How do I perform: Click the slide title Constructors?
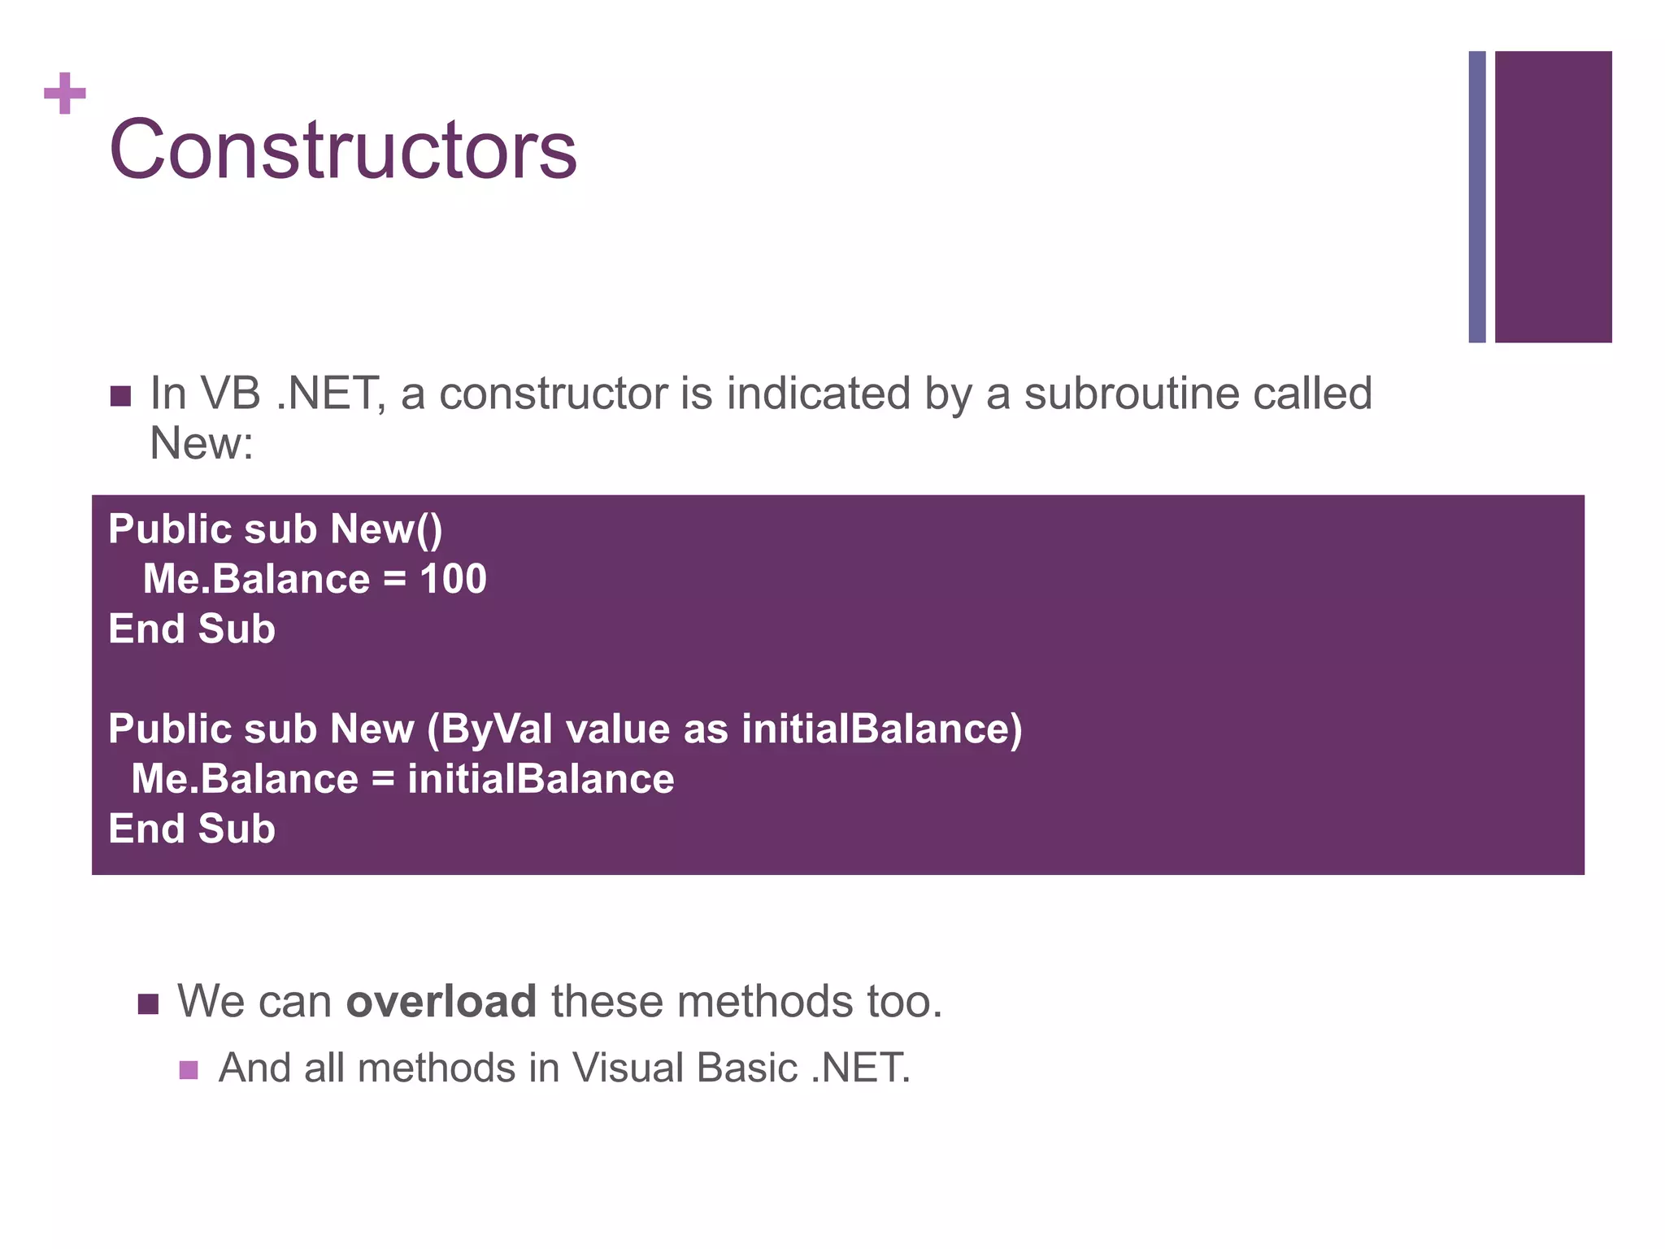(x=342, y=150)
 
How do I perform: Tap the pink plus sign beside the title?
(x=65, y=94)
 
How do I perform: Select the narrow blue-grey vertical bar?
(x=1476, y=197)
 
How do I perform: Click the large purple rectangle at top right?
(x=1553, y=197)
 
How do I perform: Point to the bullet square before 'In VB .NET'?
(x=120, y=396)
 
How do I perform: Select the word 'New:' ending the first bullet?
(x=202, y=444)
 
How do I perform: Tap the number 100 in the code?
(x=453, y=579)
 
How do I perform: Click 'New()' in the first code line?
(x=386, y=529)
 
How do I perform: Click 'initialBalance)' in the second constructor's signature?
(x=881, y=729)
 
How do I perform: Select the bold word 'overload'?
(x=441, y=1001)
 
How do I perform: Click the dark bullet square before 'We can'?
(x=148, y=1003)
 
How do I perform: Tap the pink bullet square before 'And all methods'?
(x=189, y=1069)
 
